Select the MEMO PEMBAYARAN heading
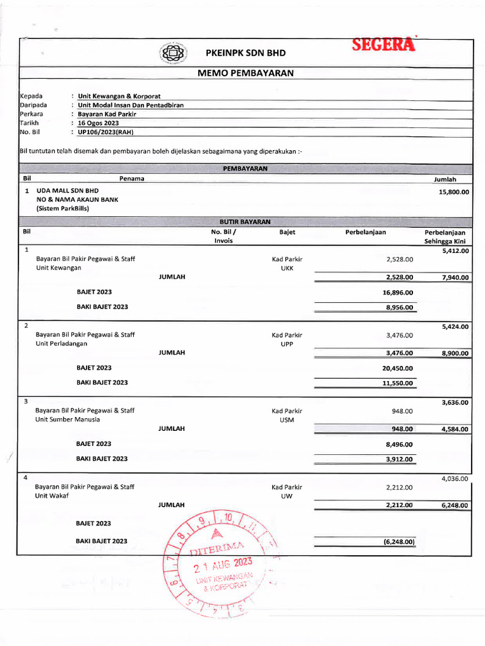point(246,73)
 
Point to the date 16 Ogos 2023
point(99,123)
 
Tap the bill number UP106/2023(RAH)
point(106,132)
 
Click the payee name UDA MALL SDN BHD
point(68,190)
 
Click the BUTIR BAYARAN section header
point(245,222)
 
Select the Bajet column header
point(287,232)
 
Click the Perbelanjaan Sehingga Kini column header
point(445,237)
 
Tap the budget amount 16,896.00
point(398,293)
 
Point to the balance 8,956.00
point(399,307)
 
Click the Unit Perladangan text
point(62,344)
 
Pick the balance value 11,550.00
point(398,383)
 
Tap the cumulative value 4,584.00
point(455,429)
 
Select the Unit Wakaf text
point(52,496)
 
